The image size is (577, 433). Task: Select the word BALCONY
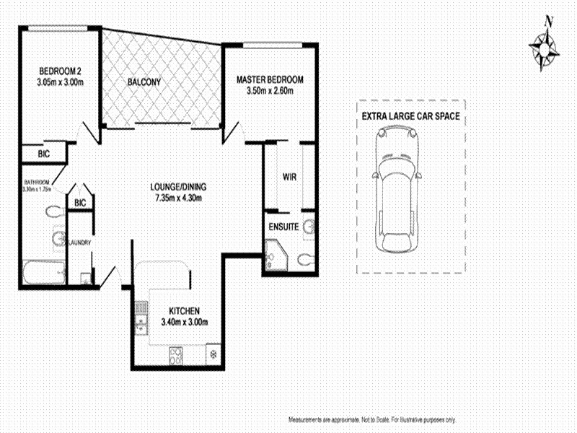click(144, 82)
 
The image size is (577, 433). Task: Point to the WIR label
click(290, 177)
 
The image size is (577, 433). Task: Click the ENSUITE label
click(284, 227)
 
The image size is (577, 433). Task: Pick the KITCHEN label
click(181, 310)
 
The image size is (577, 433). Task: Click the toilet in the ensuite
click(305, 258)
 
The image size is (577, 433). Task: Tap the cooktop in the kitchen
click(175, 354)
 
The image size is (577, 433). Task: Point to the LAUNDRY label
click(79, 242)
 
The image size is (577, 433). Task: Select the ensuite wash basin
click(309, 227)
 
